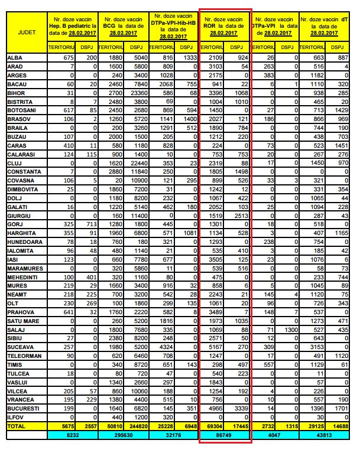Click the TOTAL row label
coord(16,425)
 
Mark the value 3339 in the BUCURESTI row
coord(238,409)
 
